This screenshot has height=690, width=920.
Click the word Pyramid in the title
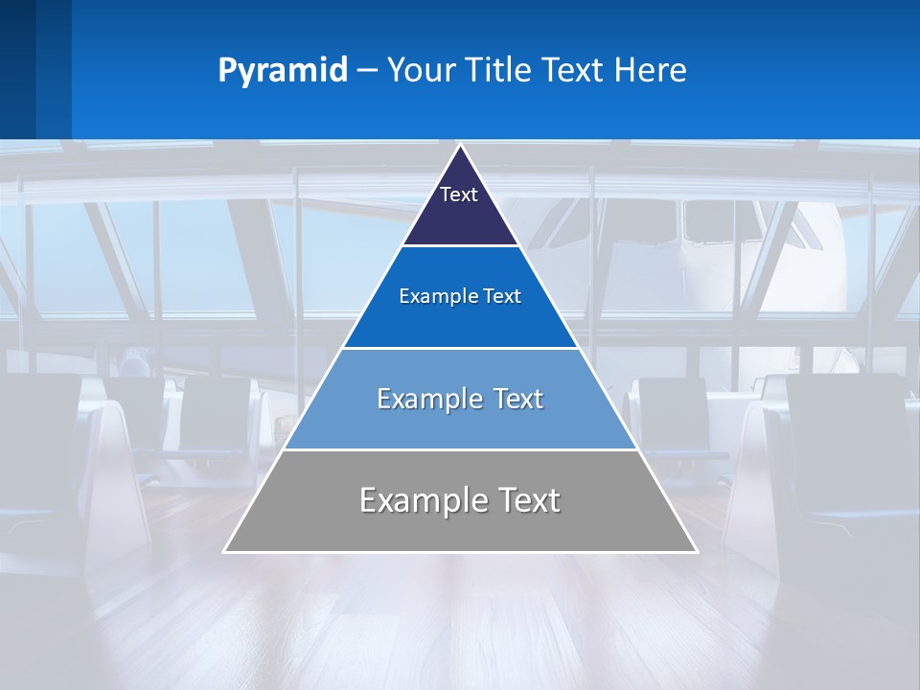282,71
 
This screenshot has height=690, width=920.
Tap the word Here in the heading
650,71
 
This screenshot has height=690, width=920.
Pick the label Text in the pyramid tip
459,195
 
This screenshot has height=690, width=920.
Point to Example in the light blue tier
425,399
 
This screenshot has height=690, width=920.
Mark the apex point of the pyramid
460,146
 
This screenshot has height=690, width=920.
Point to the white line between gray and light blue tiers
460,449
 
